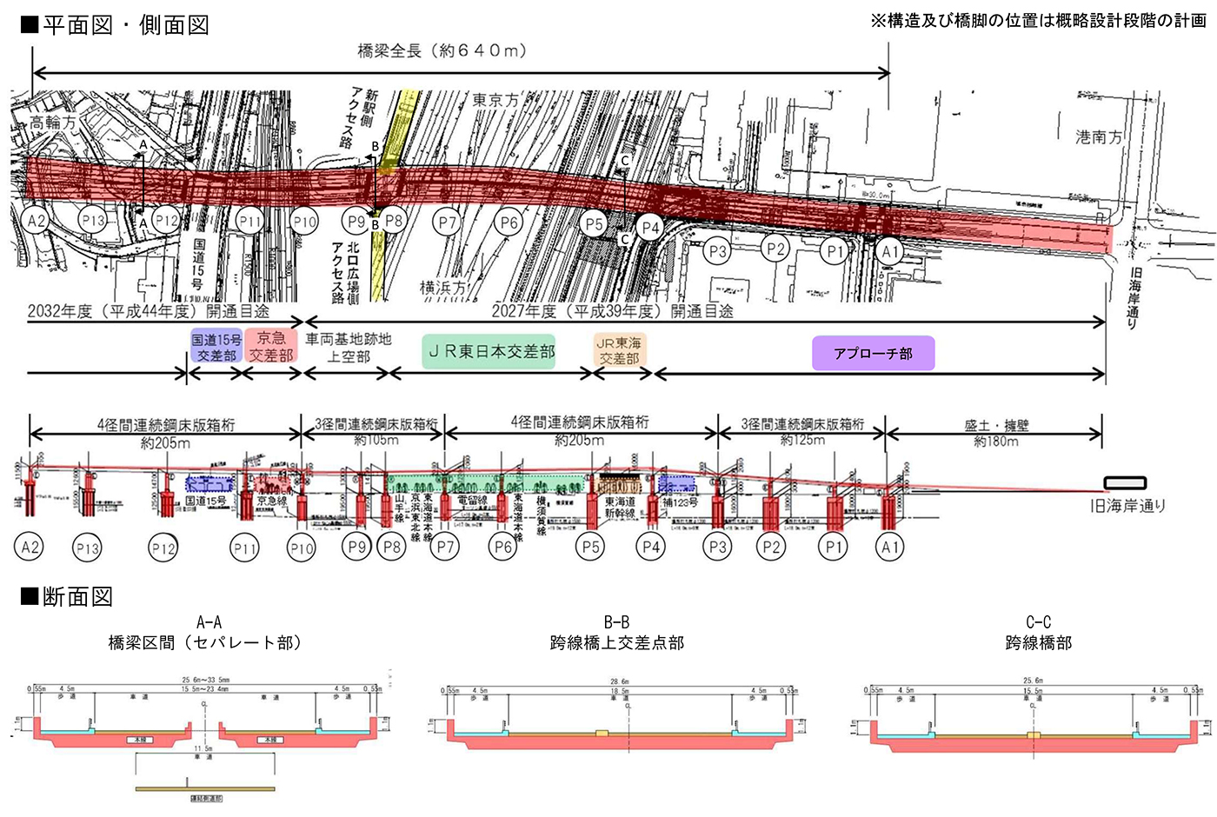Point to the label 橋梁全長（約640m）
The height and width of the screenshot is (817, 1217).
pos(442,50)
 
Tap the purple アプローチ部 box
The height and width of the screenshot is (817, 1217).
pos(873,354)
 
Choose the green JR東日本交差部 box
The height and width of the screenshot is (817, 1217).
pos(489,352)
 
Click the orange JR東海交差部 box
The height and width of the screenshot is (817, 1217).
pos(619,351)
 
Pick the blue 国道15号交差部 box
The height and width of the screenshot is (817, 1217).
pos(216,347)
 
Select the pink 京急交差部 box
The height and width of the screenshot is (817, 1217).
pos(271,346)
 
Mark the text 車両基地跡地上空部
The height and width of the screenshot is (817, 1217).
pos(349,348)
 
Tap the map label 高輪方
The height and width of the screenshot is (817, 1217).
pos(53,123)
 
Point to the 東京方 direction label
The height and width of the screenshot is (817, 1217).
pos(495,100)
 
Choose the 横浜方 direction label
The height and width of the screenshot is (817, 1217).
pos(442,288)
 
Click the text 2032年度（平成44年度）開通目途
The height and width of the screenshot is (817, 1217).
pos(149,311)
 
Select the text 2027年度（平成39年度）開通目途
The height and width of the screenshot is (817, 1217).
pos(613,311)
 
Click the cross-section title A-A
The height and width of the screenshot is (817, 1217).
pos(209,622)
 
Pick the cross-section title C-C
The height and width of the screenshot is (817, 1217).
pos(1038,622)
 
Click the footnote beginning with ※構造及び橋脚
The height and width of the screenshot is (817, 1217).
pos(1038,21)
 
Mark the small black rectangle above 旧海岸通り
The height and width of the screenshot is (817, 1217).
pos(1125,483)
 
